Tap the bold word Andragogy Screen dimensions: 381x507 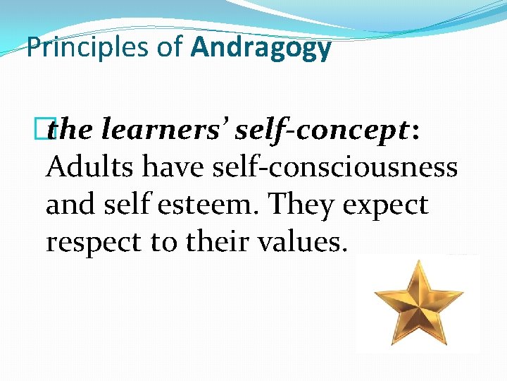(261, 48)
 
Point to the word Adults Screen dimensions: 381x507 (90, 168)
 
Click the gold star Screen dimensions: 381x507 (418, 304)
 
